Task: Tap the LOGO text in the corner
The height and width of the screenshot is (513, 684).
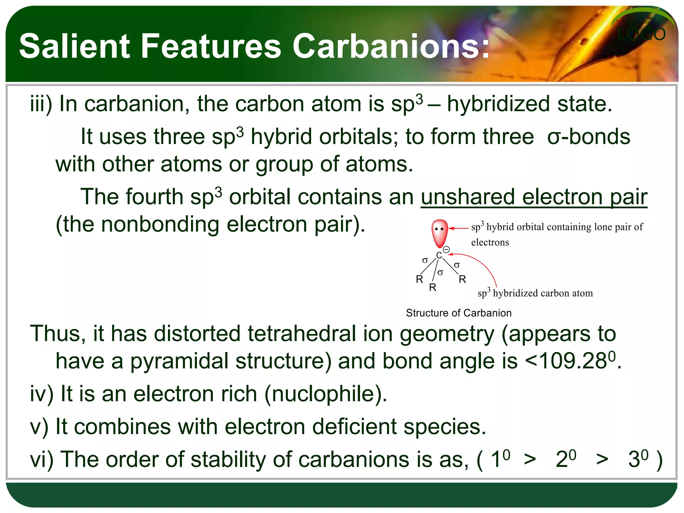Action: (641, 34)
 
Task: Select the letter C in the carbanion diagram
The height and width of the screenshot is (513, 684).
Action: (439, 255)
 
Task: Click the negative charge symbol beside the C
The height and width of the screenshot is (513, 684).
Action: (447, 249)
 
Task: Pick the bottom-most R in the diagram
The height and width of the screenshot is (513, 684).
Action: (433, 287)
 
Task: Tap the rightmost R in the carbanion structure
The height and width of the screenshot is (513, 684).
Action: (462, 279)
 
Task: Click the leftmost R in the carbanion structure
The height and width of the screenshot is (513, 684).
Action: (419, 279)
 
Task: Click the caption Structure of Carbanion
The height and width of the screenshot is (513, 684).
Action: (459, 313)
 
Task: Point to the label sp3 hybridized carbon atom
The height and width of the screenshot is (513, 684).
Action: (535, 293)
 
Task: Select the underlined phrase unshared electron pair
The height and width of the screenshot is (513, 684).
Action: (534, 197)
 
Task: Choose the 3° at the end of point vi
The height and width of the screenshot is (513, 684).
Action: (638, 459)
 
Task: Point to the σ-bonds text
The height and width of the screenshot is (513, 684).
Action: (588, 137)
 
